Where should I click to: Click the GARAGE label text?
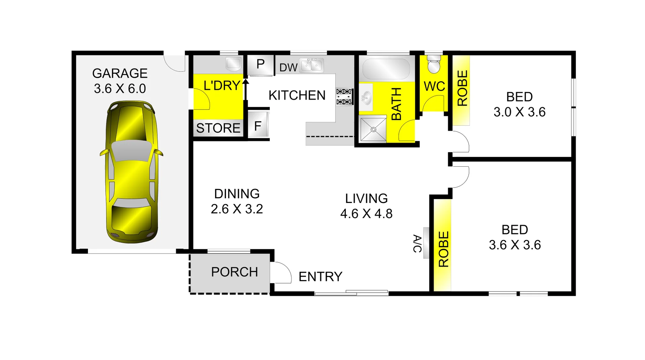pyautogui.click(x=120, y=73)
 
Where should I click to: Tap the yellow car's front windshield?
pyautogui.click(x=131, y=150)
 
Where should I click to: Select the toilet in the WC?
pyautogui.click(x=434, y=65)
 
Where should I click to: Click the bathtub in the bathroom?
pyautogui.click(x=386, y=69)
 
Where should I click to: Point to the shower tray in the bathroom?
pyautogui.click(x=373, y=129)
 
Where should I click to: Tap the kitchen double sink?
pyautogui.click(x=312, y=65)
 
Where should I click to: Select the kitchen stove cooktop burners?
pyautogui.click(x=344, y=96)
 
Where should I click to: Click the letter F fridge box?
pyautogui.click(x=258, y=126)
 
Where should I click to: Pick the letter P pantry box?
pyautogui.click(x=260, y=64)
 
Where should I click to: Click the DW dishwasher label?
pyautogui.click(x=288, y=68)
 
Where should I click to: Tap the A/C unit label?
pyautogui.click(x=417, y=243)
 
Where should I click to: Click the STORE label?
pyautogui.click(x=218, y=128)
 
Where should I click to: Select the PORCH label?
pyautogui.click(x=234, y=272)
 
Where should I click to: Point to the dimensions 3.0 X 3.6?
pyautogui.click(x=519, y=112)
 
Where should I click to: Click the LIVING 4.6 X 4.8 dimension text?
pyautogui.click(x=366, y=213)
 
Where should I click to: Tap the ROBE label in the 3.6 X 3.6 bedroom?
pyautogui.click(x=443, y=249)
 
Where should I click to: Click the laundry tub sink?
pyautogui.click(x=233, y=64)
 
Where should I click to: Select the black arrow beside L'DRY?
pyautogui.click(x=246, y=89)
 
